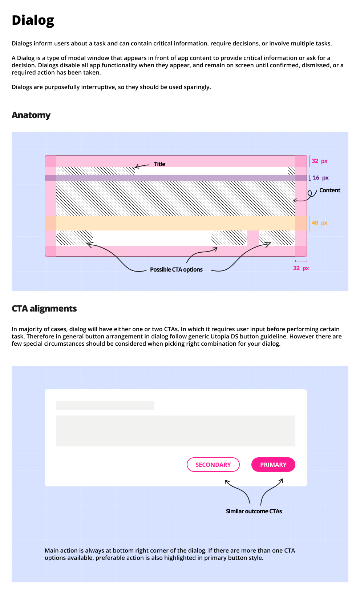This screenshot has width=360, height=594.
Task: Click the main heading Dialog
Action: (33, 20)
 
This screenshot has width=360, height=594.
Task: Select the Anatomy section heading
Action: (31, 115)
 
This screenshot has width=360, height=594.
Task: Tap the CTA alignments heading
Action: (44, 309)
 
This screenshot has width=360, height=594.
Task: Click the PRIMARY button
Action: (273, 465)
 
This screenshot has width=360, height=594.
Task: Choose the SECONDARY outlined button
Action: (213, 465)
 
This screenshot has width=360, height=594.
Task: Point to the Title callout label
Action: (159, 164)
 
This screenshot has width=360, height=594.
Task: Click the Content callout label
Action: (329, 190)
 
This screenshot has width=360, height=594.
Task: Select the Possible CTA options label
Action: (176, 270)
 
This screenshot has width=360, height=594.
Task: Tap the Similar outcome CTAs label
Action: (254, 511)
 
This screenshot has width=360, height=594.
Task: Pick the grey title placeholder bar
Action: (105, 405)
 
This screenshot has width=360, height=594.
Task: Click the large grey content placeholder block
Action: (175, 431)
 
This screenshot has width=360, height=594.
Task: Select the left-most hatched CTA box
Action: (74, 238)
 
